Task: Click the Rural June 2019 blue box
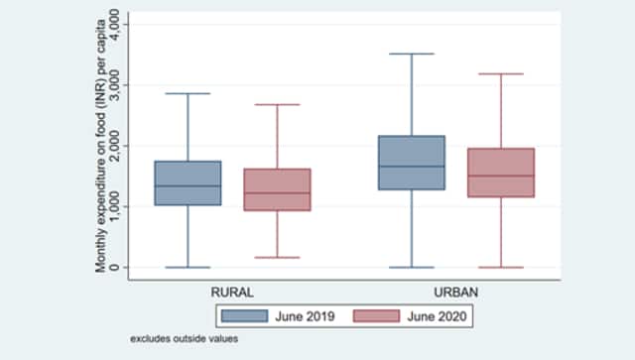coord(188,182)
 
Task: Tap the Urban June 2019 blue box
coord(411,163)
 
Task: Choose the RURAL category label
coord(231,293)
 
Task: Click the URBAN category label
coord(455,293)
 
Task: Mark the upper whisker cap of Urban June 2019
coord(411,54)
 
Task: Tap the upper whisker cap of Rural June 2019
coord(188,93)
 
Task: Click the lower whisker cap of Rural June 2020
coord(276,257)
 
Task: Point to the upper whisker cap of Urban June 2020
coord(499,73)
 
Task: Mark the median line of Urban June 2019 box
coord(411,166)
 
